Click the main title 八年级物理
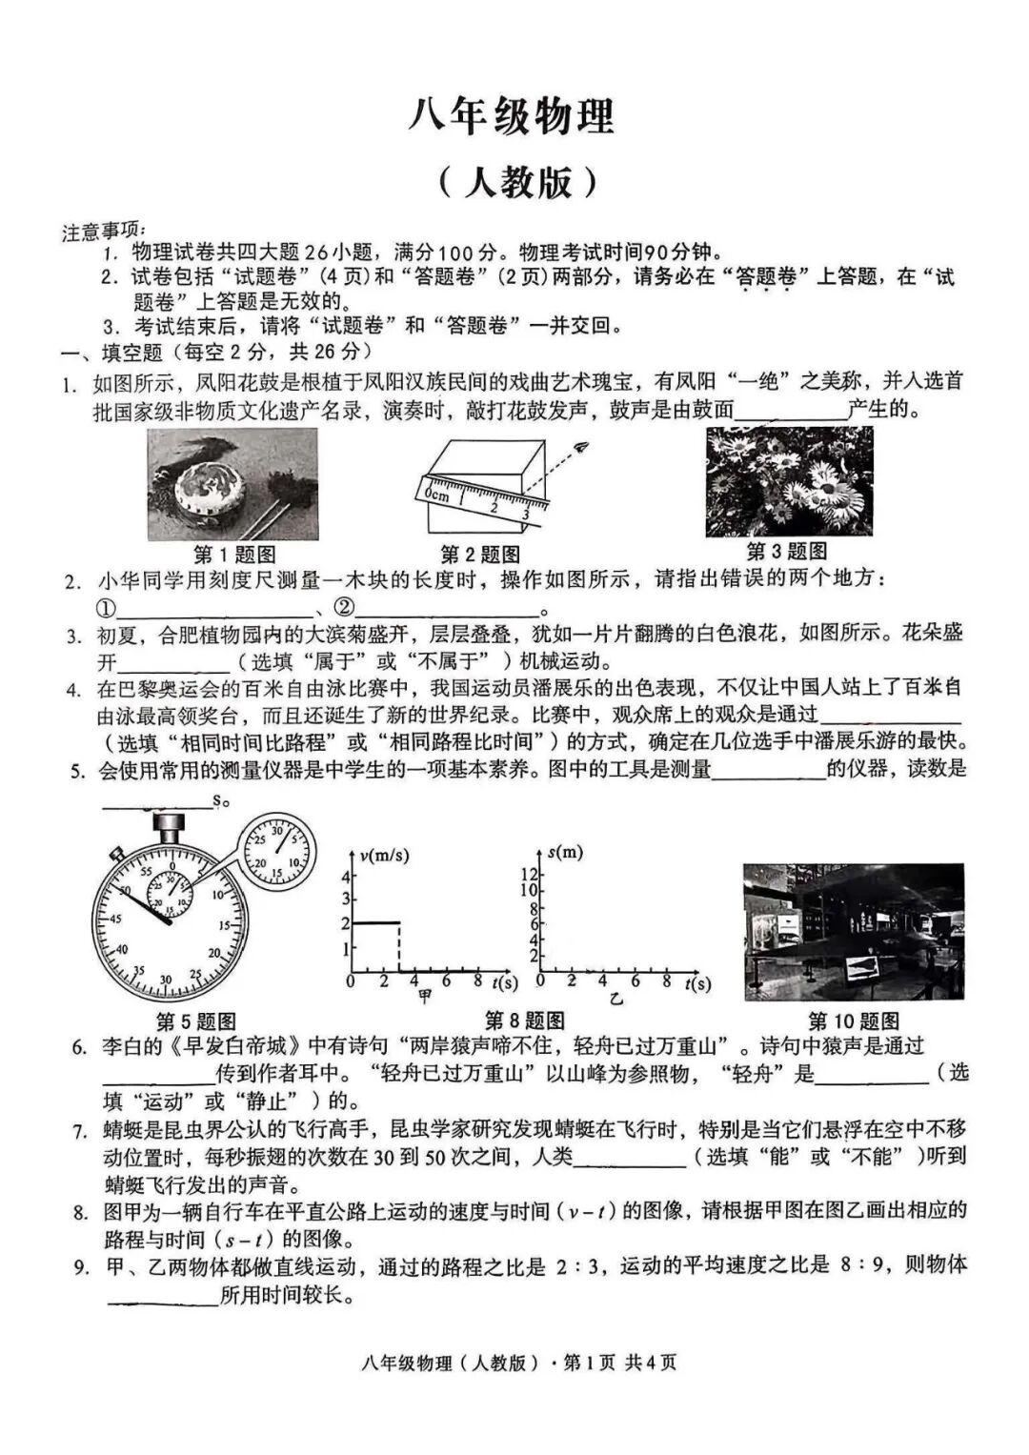tap(512, 116)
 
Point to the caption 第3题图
tap(786, 551)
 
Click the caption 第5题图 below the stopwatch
tap(195, 1021)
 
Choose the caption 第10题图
tap(853, 1021)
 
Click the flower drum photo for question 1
tap(232, 484)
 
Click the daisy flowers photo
tap(788, 481)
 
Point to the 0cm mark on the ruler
tap(436, 495)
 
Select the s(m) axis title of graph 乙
tap(565, 851)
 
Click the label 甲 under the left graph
tap(425, 998)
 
